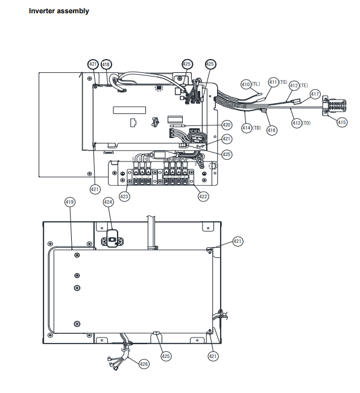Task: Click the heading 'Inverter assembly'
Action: [59, 11]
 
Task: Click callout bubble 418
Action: [106, 64]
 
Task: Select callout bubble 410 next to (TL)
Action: [246, 84]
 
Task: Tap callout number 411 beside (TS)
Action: [274, 82]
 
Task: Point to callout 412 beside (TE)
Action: [294, 86]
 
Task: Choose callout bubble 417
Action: [315, 94]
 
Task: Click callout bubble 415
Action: [342, 122]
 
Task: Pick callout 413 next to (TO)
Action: [297, 123]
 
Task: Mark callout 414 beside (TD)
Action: [247, 128]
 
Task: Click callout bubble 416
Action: [272, 130]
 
